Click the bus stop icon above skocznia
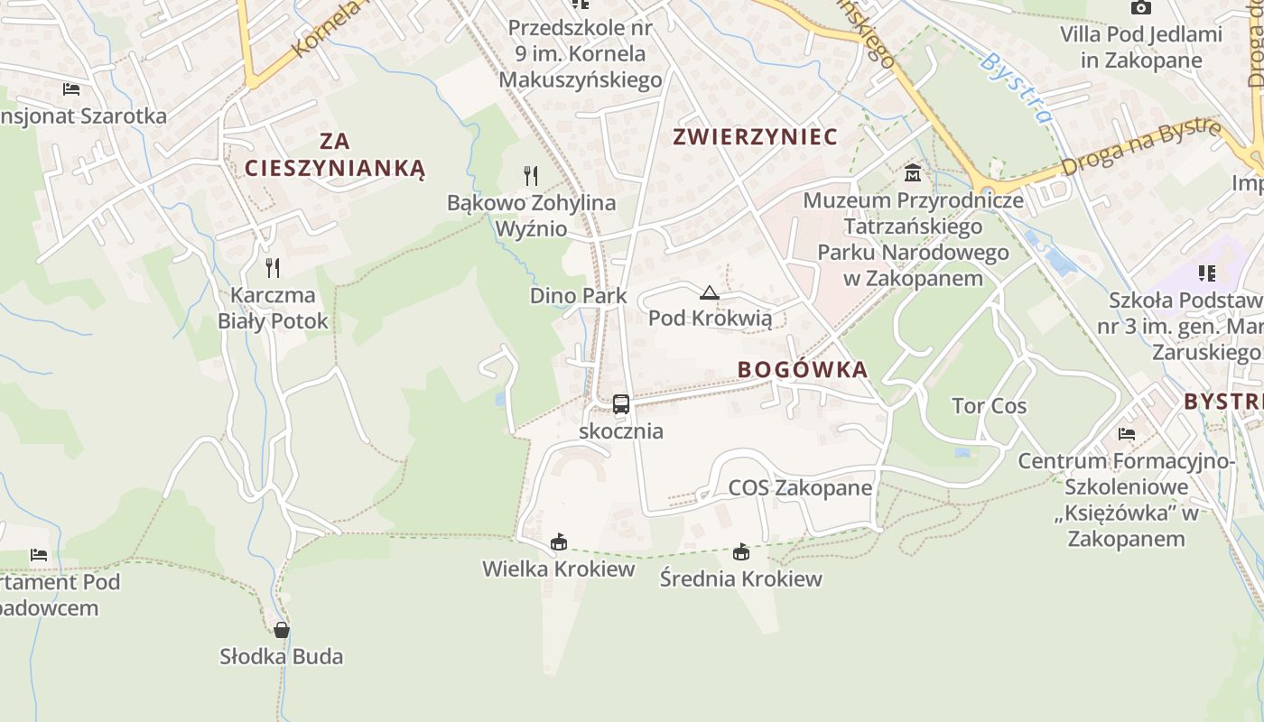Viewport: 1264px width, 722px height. [621, 403]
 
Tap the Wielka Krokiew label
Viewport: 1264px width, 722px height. [558, 569]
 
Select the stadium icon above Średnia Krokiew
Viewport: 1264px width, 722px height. [741, 551]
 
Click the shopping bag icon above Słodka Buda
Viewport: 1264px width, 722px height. [282, 629]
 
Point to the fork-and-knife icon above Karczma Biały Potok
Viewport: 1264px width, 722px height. [273, 267]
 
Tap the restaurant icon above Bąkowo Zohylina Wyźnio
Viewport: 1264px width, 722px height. [531, 175]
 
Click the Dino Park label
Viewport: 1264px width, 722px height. [578, 296]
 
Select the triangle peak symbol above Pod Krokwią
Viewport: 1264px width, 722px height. [710, 292]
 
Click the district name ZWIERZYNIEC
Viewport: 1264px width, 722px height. [756, 137]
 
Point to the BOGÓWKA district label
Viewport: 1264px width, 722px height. [803, 369]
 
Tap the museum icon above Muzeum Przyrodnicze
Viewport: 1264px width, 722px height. [913, 172]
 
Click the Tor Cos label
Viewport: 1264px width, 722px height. [989, 406]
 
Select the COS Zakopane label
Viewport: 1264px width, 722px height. [800, 488]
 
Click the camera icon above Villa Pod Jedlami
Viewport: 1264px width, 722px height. [1141, 8]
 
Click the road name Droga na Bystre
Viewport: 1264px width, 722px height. [1141, 147]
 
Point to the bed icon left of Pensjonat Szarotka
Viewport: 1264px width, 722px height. [71, 88]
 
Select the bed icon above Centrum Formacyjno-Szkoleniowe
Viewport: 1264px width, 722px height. [1126, 434]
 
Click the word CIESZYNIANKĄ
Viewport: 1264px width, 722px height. [334, 168]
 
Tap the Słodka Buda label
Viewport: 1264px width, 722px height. [282, 656]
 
